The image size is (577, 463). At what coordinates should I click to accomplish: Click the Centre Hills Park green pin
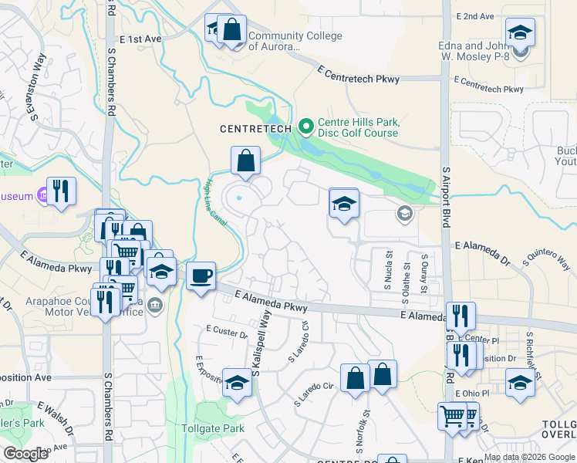pyautogui.click(x=305, y=125)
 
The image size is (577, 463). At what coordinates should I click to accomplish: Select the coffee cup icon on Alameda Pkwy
pyautogui.click(x=201, y=276)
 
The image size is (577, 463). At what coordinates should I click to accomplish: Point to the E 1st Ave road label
pyautogui.click(x=140, y=39)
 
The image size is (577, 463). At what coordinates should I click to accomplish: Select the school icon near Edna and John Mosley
pyautogui.click(x=520, y=33)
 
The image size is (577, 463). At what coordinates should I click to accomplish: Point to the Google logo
pyautogui.click(x=25, y=454)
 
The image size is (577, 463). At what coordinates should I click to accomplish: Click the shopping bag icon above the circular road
pyautogui.click(x=245, y=161)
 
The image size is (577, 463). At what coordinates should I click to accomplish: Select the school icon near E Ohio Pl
pyautogui.click(x=520, y=383)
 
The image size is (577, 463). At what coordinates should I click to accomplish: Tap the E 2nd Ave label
pyautogui.click(x=474, y=16)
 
